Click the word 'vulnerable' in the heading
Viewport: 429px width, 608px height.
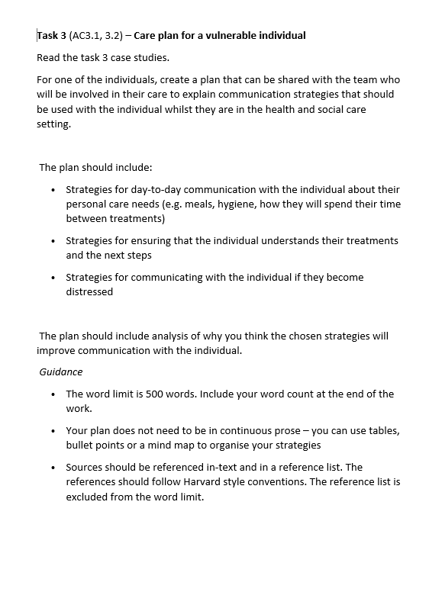[229, 35]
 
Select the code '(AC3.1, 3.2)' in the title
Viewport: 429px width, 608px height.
[100, 35]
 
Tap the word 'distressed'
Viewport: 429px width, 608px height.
[89, 291]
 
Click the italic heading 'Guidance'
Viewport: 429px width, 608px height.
[61, 372]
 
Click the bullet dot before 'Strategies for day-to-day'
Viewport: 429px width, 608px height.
[52, 190]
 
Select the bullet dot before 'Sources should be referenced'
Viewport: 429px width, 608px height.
[52, 468]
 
